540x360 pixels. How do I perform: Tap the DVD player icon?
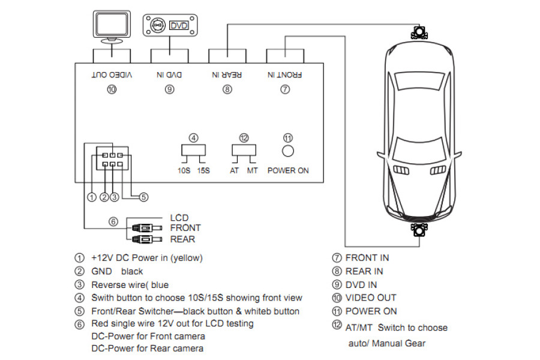pyautogui.click(x=167, y=26)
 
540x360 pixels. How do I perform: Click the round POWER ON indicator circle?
pyautogui.click(x=288, y=151)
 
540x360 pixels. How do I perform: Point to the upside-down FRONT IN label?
pyautogui.click(x=285, y=75)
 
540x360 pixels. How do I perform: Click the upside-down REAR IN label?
pyautogui.click(x=227, y=75)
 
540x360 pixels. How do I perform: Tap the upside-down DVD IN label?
pyautogui.click(x=169, y=75)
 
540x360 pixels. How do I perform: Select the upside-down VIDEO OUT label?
pyautogui.click(x=112, y=75)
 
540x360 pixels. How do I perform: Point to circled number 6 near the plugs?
pyautogui.click(x=113, y=222)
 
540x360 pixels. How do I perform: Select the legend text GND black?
pyautogui.click(x=117, y=271)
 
